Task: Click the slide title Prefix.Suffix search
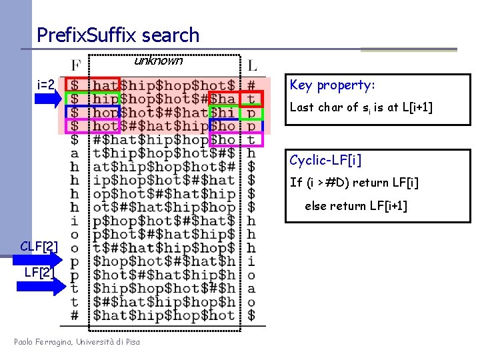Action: [x=118, y=35]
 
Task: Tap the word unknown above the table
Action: [x=158, y=61]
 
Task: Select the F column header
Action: [x=75, y=66]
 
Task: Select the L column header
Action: [x=251, y=66]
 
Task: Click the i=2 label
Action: [x=47, y=85]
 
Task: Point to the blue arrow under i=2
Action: [x=49, y=100]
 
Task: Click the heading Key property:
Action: [x=333, y=85]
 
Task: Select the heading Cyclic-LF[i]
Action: [x=325, y=161]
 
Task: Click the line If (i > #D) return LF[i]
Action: [x=354, y=183]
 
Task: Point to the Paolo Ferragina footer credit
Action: [x=77, y=342]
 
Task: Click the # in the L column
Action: [x=251, y=85]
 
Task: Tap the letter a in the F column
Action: [x=75, y=153]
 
